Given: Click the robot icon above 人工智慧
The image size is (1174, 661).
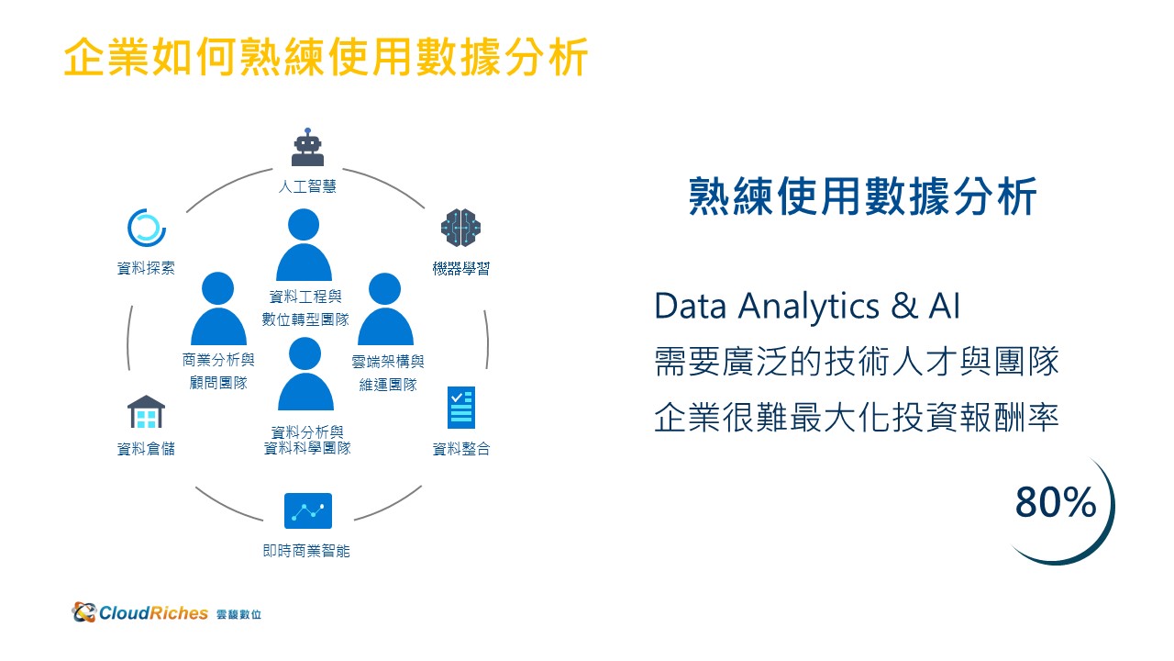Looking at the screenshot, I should [x=307, y=147].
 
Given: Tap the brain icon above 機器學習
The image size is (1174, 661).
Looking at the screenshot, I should [x=460, y=228].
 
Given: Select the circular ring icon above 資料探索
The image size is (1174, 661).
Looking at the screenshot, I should [x=146, y=229].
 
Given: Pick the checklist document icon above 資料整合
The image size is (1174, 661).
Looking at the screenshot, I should [x=461, y=409].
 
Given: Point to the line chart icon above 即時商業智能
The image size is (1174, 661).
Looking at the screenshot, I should [x=307, y=510].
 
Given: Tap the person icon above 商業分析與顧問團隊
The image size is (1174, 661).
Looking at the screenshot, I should [x=218, y=308].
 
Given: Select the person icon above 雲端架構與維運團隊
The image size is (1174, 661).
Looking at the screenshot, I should [x=385, y=308].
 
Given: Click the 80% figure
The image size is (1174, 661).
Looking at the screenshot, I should [x=1056, y=502].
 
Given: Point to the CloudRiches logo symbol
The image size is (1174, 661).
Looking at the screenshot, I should [x=84, y=612].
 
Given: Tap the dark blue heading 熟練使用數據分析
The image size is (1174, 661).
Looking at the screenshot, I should [x=862, y=197].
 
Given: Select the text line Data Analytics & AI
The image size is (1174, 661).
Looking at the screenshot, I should [x=807, y=306].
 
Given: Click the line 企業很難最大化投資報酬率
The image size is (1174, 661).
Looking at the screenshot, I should [x=857, y=418].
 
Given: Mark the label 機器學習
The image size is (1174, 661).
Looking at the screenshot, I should [x=460, y=269].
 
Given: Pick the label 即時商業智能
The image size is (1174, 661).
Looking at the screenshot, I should [x=305, y=551].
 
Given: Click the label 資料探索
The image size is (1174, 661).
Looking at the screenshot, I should [x=146, y=269].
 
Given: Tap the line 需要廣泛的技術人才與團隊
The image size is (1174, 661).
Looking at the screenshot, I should [x=857, y=362].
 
